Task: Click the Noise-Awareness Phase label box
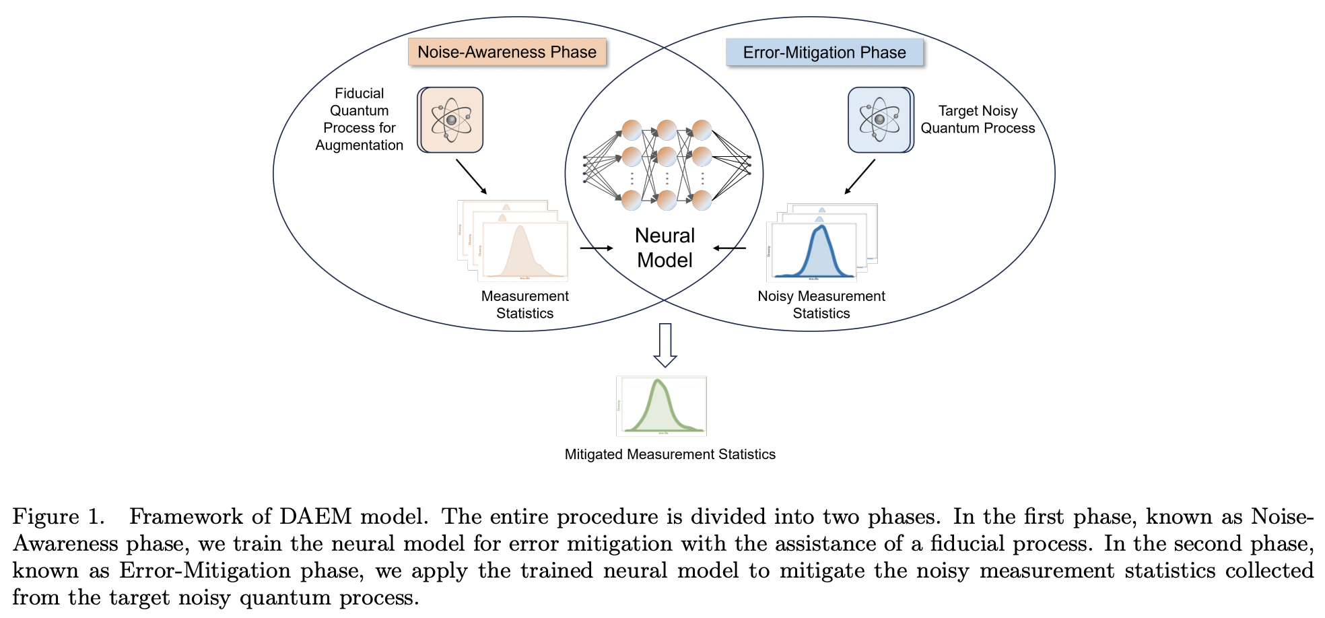(507, 52)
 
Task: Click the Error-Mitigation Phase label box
(824, 53)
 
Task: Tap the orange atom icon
(450, 120)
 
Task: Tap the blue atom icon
(880, 120)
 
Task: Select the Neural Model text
(665, 248)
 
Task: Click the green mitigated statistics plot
(661, 406)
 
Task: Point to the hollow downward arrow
(665, 345)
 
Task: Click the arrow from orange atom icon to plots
(471, 177)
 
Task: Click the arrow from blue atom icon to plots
(860, 177)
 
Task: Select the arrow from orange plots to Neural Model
(596, 248)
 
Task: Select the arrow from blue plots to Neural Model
(730, 248)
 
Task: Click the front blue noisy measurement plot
(813, 252)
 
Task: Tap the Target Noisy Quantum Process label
(978, 119)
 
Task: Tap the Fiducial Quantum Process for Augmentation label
(360, 119)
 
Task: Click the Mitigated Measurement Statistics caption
(670, 454)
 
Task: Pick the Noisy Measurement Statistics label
(821, 304)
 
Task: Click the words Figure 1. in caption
(59, 517)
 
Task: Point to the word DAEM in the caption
(315, 517)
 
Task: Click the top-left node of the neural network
(632, 129)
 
